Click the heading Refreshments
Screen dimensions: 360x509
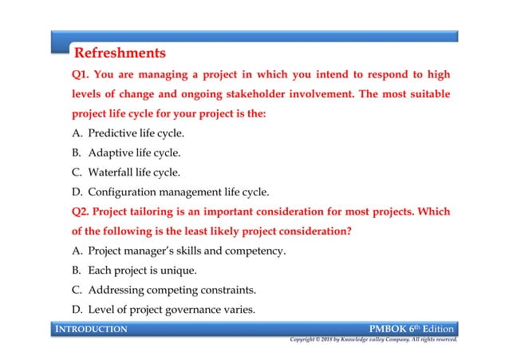(120, 54)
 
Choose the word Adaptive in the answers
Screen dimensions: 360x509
(113, 152)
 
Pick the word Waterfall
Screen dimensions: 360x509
(116, 172)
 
